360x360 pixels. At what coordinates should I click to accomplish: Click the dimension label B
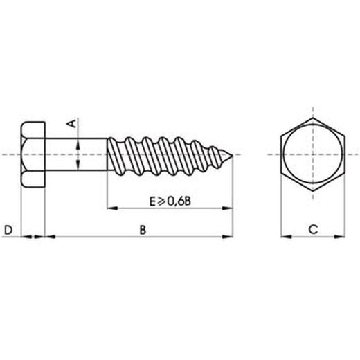[x=143, y=228]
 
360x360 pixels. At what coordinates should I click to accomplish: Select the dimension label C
[x=312, y=228]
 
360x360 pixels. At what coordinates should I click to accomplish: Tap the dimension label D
[x=9, y=228]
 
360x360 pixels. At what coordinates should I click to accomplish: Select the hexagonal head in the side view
[x=33, y=154]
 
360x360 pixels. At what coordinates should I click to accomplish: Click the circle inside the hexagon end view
[x=312, y=154]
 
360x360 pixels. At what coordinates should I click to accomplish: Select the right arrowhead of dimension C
[x=341, y=237]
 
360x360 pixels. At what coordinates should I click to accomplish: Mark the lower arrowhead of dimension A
[x=78, y=165]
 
